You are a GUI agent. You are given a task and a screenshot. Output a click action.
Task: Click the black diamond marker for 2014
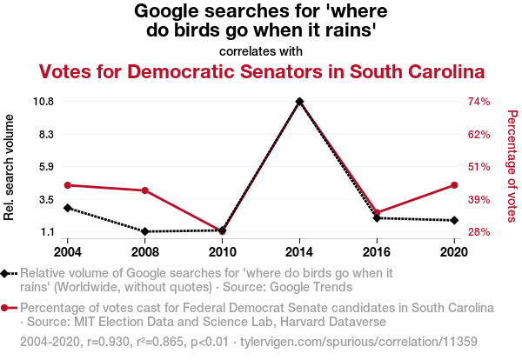299,102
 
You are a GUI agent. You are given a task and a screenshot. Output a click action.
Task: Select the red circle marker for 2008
145,190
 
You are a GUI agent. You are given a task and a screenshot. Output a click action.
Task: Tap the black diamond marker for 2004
68,208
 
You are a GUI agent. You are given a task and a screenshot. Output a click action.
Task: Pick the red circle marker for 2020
454,185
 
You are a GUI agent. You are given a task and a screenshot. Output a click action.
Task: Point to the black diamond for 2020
454,220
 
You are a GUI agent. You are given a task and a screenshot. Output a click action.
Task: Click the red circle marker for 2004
68,185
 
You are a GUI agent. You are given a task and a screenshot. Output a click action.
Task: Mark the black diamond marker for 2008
145,231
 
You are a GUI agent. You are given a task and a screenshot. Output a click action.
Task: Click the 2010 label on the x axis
223,252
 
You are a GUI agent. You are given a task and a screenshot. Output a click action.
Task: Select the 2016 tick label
377,252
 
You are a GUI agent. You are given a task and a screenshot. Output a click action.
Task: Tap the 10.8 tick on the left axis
43,101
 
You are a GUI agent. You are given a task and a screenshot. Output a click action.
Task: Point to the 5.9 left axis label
47,166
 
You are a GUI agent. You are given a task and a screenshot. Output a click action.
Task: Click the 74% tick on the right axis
479,101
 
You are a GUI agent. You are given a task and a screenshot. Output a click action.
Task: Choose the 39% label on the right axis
479,200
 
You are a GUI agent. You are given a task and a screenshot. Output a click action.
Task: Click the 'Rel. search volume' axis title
9,167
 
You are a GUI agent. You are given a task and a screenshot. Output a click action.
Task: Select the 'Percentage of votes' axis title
512,166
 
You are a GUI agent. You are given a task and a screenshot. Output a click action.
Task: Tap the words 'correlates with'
261,51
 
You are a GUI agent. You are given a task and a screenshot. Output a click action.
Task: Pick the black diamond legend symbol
4,274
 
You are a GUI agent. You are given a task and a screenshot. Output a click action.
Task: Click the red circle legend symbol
4,308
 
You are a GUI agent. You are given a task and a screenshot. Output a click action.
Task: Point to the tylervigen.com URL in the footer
358,342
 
